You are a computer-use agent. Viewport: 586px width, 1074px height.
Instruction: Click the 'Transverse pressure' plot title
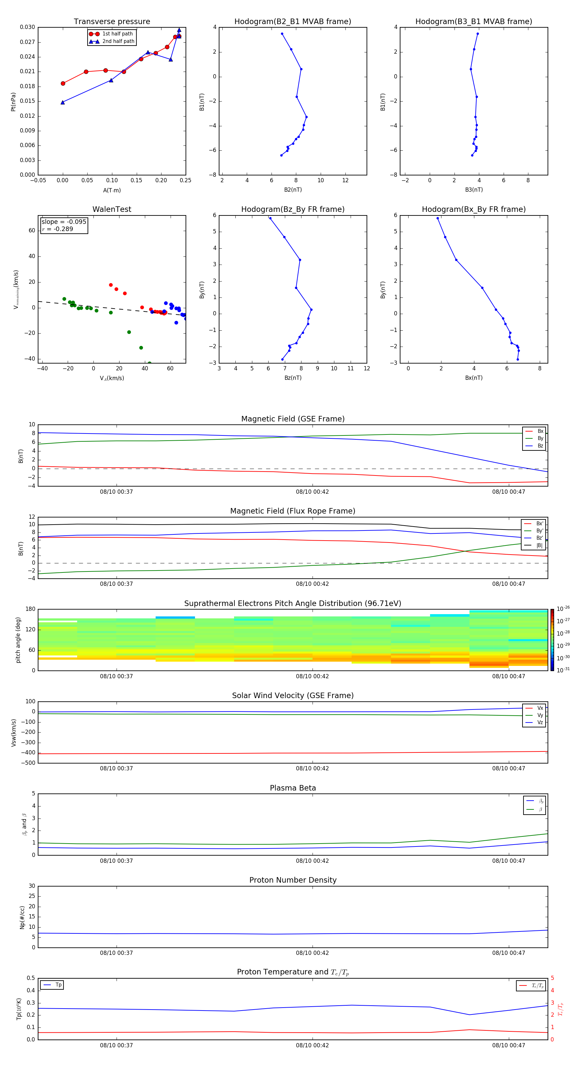pos(112,22)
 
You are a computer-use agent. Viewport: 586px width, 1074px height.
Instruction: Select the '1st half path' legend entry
pos(117,34)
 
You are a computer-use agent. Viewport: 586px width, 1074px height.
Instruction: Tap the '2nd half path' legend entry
pos(118,41)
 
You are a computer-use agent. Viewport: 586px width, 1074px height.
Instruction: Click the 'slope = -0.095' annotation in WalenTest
pos(64,222)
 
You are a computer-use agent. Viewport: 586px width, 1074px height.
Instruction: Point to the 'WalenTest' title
pos(112,209)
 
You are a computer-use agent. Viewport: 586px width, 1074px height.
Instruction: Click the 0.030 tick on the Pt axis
pos(28,27)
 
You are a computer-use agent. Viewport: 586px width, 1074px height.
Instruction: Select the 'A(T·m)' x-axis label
pos(112,190)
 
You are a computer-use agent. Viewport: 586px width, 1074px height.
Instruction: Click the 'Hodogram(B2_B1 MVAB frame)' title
pos(292,22)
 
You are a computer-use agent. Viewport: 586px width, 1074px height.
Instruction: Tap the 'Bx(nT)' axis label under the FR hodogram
pos(473,378)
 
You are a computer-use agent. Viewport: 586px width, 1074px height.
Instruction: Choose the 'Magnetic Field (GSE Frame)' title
pos(293,419)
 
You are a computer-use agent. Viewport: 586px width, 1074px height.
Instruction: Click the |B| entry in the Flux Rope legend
pos(539,545)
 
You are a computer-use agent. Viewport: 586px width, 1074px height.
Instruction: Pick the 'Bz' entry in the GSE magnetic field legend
pos(540,446)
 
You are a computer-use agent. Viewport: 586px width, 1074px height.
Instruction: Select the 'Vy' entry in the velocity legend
pos(540,715)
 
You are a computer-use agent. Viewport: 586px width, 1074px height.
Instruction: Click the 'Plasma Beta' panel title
pos(293,788)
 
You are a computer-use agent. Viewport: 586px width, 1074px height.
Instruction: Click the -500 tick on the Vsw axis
pos(28,763)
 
